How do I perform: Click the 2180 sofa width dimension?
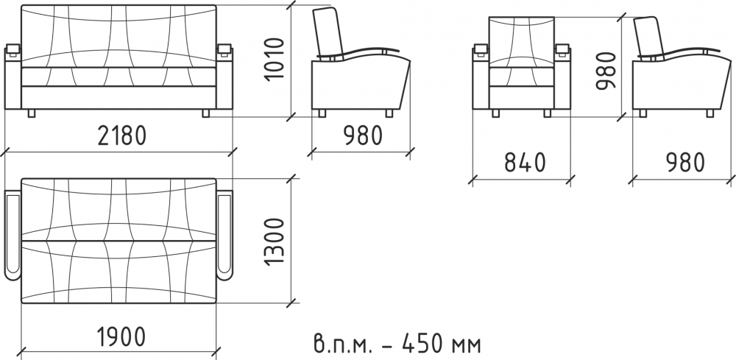click(x=122, y=135)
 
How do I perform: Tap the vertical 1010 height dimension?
click(x=275, y=59)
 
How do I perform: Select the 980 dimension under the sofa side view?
click(x=363, y=135)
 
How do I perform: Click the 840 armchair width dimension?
click(x=526, y=163)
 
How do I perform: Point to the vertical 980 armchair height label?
click(x=606, y=71)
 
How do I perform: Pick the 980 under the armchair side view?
click(x=685, y=163)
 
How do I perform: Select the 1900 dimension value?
click(x=121, y=337)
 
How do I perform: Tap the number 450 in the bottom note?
click(x=422, y=344)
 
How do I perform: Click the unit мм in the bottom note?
click(x=466, y=347)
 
